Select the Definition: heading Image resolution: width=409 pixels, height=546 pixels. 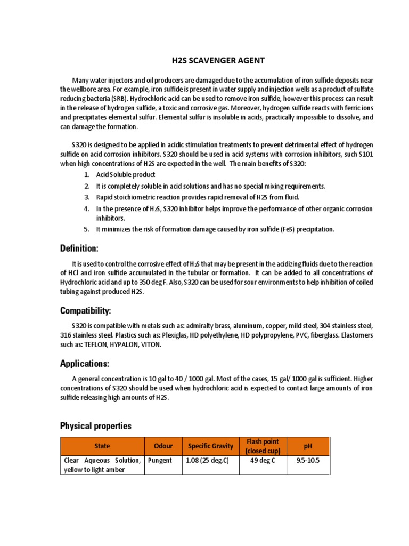tap(79, 248)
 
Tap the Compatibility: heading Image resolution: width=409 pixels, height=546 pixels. tap(86, 310)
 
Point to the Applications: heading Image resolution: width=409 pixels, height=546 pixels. tap(84, 364)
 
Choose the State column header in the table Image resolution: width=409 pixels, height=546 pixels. tap(102, 446)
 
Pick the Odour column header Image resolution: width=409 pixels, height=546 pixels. tap(163, 446)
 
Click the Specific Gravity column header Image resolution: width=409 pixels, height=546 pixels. tap(211, 446)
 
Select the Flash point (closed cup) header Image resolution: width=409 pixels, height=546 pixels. tap(263, 446)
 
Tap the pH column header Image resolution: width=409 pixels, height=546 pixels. tap(308, 446)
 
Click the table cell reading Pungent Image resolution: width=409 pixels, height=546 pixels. tap(160, 460)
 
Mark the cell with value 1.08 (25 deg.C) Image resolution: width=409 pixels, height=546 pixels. tap(207, 460)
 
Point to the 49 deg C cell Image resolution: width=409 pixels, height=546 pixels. tap(263, 460)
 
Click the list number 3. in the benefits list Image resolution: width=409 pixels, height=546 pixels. tap(87, 197)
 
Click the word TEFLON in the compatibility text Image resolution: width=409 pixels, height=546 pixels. tap(95, 344)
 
